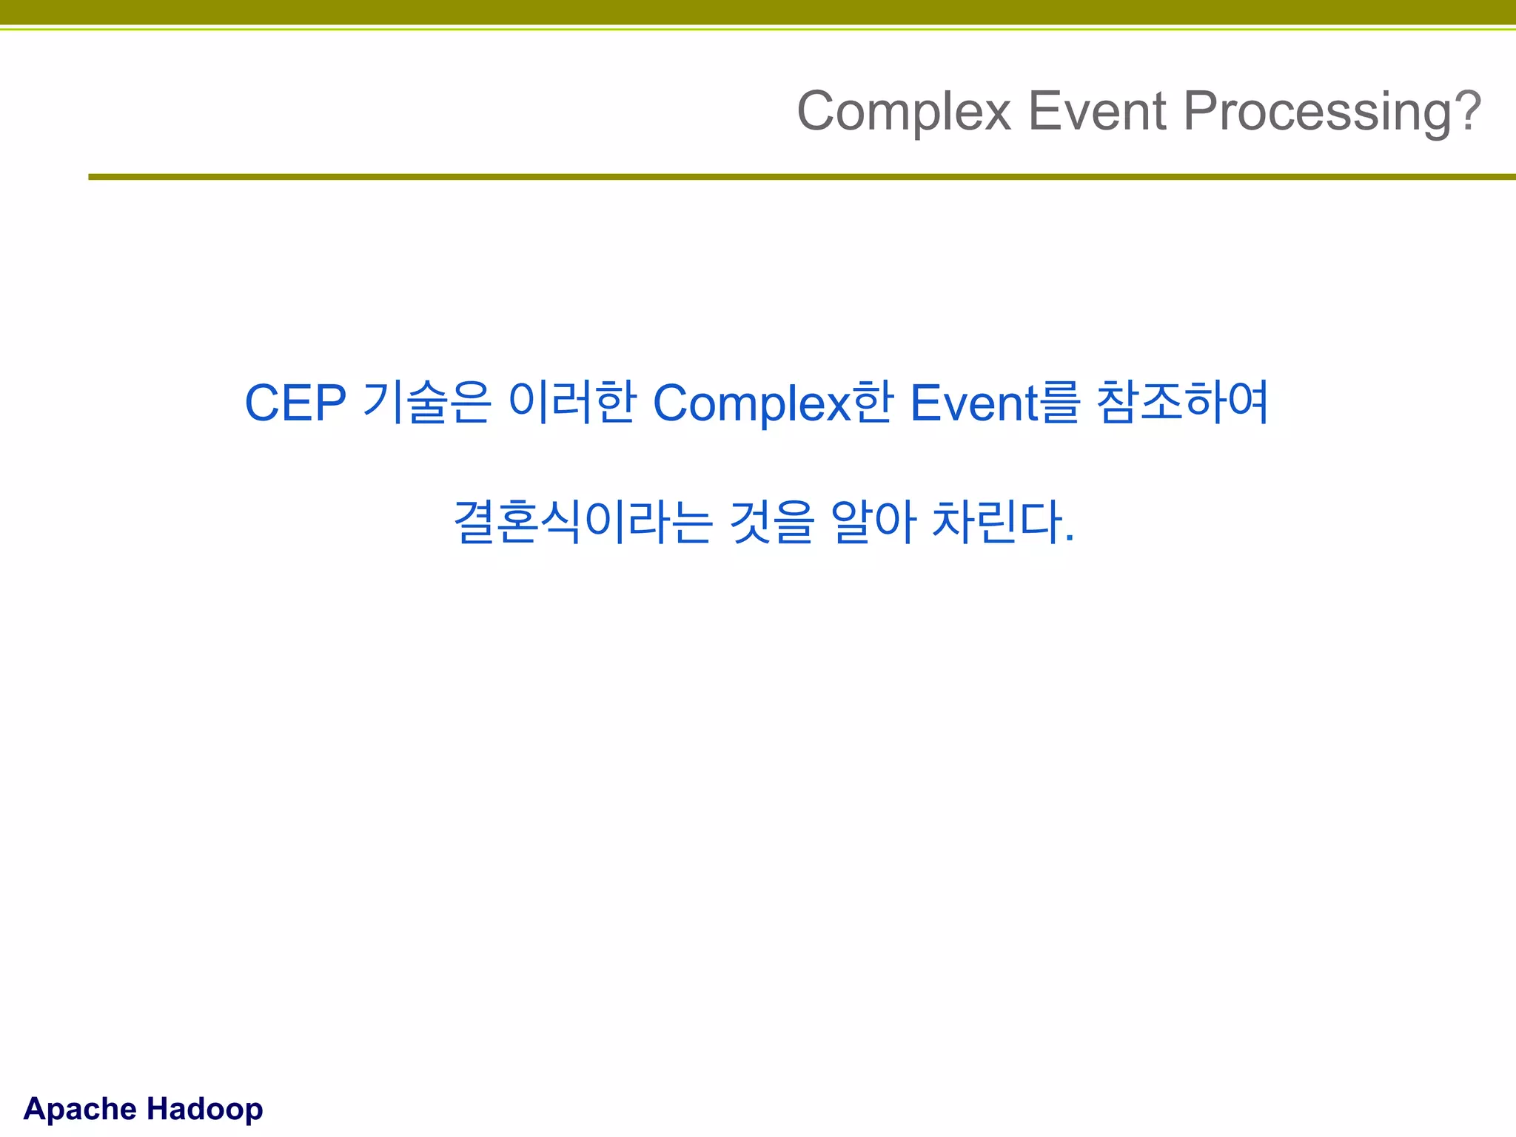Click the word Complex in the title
tap(904, 112)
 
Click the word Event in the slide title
tap(1098, 112)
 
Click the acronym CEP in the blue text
tap(295, 403)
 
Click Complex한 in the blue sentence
tap(773, 403)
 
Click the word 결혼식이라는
tap(583, 522)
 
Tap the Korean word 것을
tap(771, 522)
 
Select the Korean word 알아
tap(873, 522)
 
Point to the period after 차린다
tap(1069, 539)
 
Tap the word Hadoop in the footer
tap(204, 1109)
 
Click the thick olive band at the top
tap(758, 12)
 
